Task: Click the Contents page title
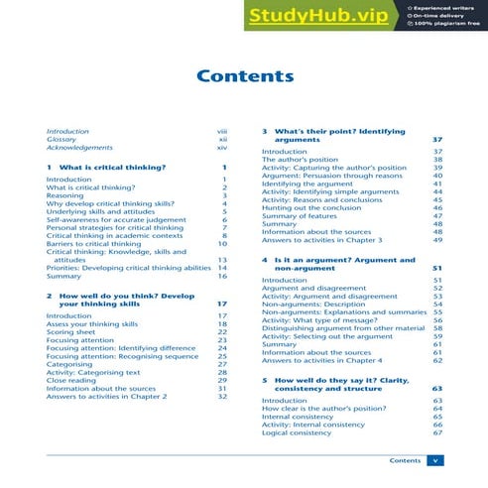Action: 243,76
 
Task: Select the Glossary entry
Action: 61,140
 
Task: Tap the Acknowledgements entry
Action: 78,148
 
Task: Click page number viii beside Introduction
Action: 222,131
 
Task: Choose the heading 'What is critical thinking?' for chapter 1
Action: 111,168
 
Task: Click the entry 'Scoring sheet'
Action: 70,331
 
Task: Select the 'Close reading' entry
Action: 71,380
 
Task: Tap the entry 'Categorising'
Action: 69,364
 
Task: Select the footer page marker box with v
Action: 434,460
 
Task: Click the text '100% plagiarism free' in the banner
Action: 447,23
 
